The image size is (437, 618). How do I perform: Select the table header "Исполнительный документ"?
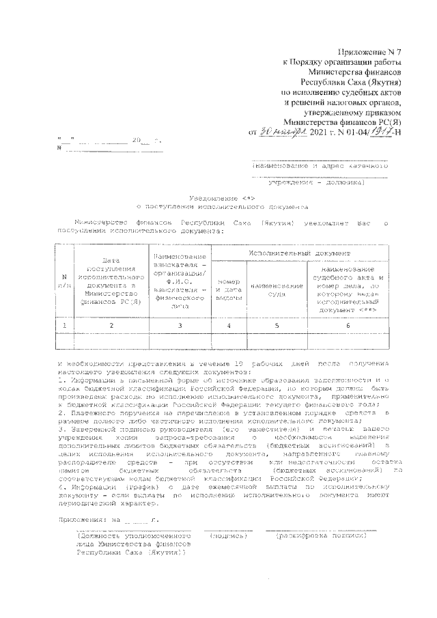[300, 253]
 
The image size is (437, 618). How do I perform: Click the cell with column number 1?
[64, 326]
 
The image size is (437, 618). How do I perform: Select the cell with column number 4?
[229, 326]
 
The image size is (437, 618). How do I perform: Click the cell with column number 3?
[180, 326]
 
